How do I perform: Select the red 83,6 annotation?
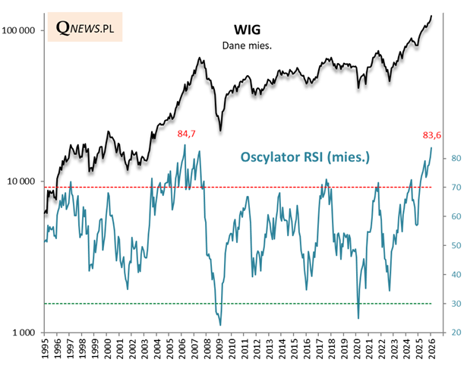point(432,136)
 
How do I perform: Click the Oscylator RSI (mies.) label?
point(304,158)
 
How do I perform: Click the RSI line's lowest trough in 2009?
point(220,325)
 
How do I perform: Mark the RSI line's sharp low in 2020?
point(358,318)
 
